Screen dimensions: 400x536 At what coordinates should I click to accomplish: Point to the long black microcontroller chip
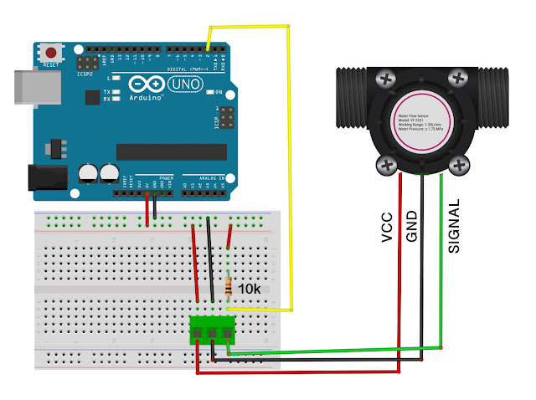click(171, 151)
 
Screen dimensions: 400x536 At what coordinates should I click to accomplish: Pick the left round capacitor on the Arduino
click(88, 173)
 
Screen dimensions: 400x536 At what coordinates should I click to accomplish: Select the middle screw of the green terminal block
click(213, 333)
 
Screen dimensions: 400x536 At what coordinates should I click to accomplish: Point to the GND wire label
click(411, 224)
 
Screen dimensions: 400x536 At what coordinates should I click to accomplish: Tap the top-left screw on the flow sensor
click(386, 79)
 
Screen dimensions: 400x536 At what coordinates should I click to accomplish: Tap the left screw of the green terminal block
click(198, 333)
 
